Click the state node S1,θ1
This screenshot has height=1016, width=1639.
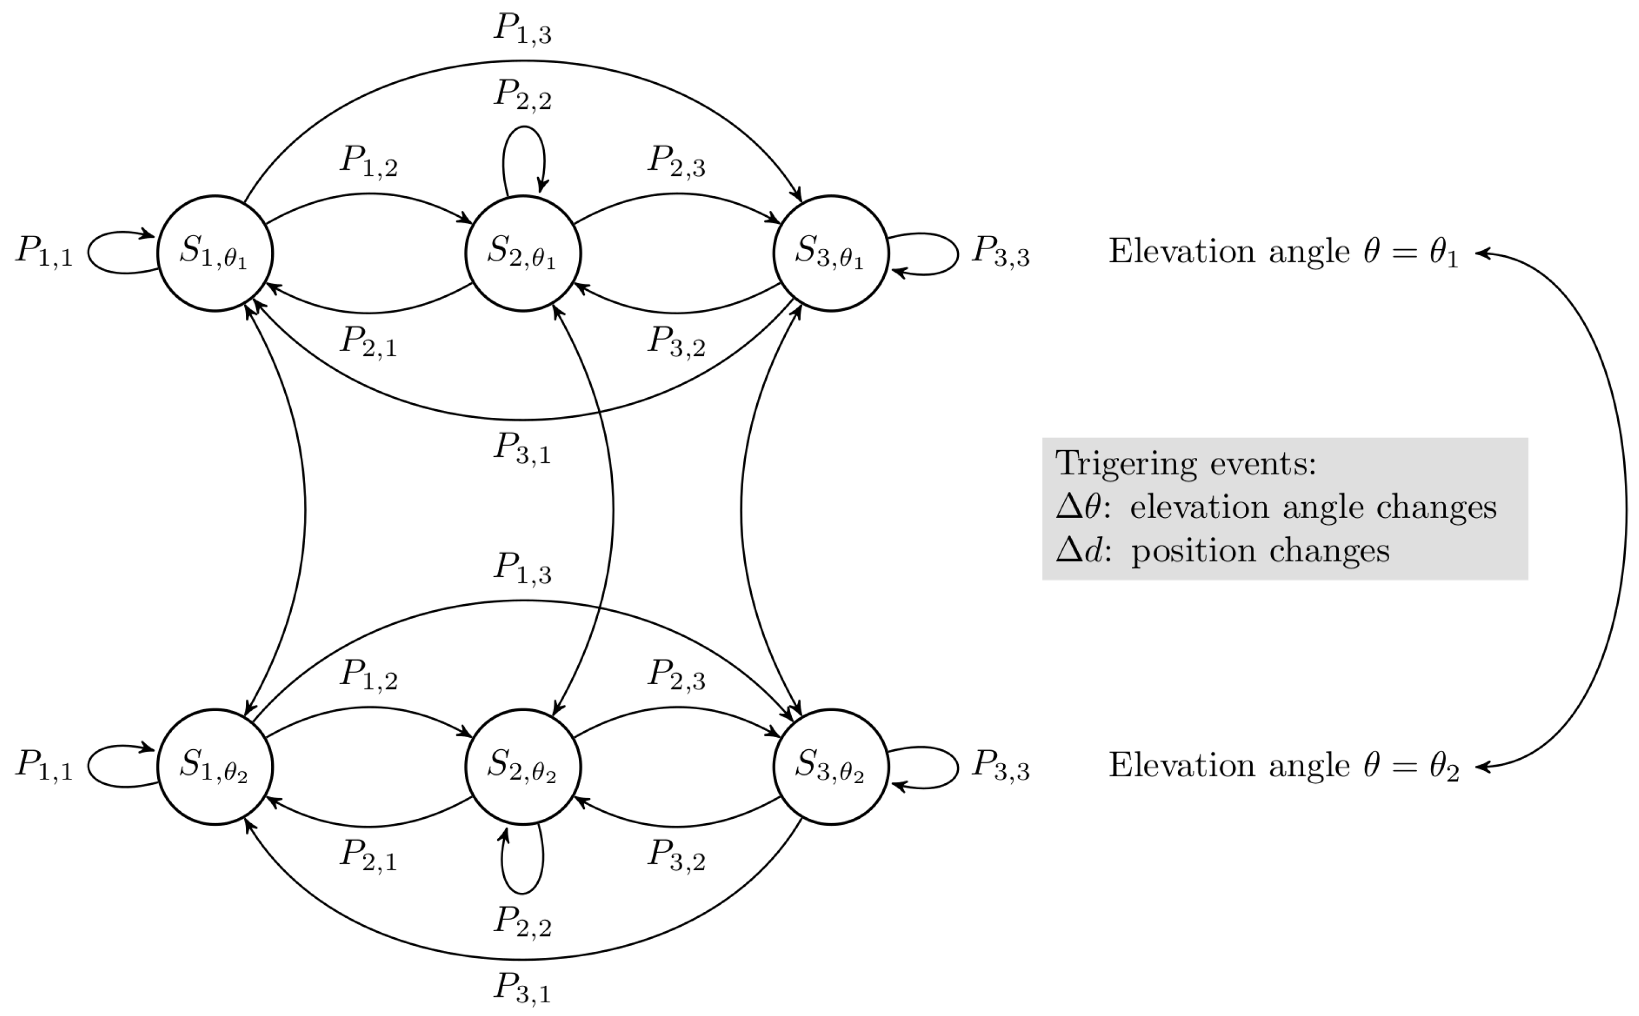tap(215, 254)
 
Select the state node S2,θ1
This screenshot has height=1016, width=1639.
tap(522, 254)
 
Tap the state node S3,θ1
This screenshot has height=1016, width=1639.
tap(831, 254)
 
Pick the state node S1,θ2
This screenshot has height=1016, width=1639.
tap(215, 767)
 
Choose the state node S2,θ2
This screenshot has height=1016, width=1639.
tap(522, 767)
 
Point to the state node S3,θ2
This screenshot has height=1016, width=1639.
tap(831, 767)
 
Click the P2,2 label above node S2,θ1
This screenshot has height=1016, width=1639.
tap(522, 95)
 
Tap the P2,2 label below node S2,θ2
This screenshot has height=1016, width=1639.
tap(522, 921)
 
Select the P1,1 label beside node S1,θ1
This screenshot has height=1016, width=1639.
tap(44, 252)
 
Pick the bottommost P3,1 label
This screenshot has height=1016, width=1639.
tap(522, 988)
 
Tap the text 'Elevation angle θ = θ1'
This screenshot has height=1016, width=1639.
tap(1283, 252)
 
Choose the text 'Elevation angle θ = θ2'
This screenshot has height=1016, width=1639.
tap(1283, 766)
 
